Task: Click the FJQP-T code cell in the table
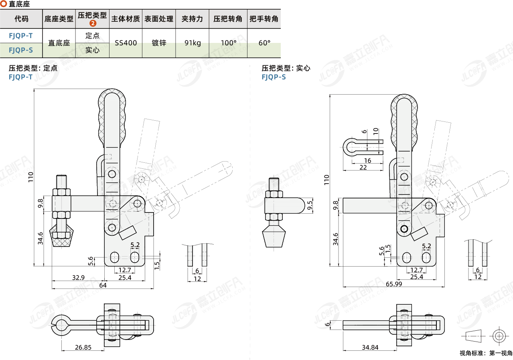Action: [21, 36]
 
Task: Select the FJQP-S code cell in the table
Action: [21, 51]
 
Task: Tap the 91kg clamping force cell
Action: [193, 43]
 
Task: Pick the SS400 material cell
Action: [126, 43]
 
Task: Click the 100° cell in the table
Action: [228, 43]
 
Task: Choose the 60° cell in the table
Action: [264, 43]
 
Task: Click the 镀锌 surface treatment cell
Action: [159, 43]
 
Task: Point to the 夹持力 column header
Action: [193, 19]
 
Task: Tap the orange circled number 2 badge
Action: [93, 23]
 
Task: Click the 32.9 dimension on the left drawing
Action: [78, 277]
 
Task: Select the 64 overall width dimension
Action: [103, 285]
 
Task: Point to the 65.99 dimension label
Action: [394, 284]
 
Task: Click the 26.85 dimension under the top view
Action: [83, 348]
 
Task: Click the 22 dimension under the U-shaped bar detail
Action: [363, 167]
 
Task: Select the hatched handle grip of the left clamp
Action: [112, 114]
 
